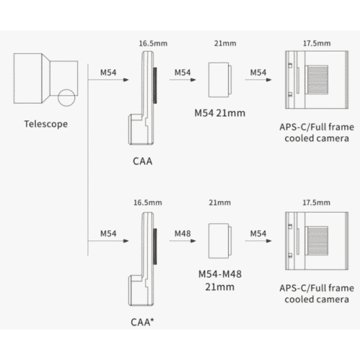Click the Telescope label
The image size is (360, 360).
(46, 124)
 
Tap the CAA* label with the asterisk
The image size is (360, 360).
(143, 322)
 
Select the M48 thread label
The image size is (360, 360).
(183, 233)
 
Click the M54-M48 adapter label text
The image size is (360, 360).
(220, 280)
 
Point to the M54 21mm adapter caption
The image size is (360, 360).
(220, 113)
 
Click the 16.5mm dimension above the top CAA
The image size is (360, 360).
(153, 43)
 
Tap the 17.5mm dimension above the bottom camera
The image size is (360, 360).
(316, 202)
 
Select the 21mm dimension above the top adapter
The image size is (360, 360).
(225, 43)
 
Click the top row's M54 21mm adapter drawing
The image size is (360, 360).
(220, 80)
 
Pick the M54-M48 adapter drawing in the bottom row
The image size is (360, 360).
(220, 240)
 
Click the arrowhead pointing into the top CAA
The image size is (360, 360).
(126, 80)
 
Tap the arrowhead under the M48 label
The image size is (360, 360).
(193, 240)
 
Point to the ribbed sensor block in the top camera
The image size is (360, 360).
(317, 80)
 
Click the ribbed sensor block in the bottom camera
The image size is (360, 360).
(317, 240)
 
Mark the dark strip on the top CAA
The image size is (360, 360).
(155, 86)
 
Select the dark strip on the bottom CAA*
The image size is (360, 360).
(155, 246)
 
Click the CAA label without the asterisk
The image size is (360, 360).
(143, 161)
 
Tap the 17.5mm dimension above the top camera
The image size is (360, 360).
(317, 43)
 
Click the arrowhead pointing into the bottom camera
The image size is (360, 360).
(269, 240)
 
